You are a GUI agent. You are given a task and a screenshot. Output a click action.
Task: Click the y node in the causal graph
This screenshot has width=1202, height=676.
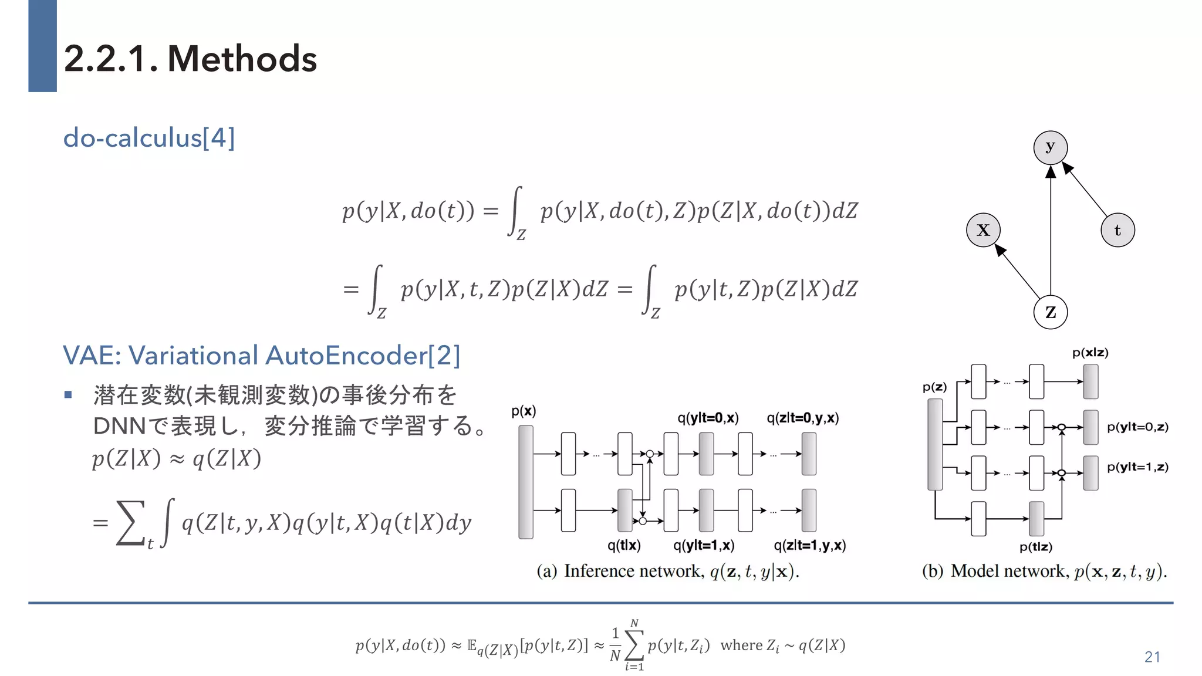pyautogui.click(x=1050, y=147)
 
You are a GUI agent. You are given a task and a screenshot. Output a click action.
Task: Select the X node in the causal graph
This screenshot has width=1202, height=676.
pyautogui.click(x=983, y=230)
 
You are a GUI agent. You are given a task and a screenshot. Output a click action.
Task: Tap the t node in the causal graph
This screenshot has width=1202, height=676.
pyautogui.click(x=1117, y=230)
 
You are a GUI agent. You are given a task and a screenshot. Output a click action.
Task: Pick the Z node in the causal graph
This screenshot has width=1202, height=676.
pyautogui.click(x=1050, y=312)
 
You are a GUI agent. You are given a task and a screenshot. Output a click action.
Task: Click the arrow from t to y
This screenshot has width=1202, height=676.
pyautogui.click(x=1086, y=191)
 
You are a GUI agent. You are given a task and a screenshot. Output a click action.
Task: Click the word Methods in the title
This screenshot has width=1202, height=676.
pyautogui.click(x=242, y=59)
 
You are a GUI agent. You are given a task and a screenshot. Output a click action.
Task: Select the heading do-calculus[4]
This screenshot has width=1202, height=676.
pyautogui.click(x=149, y=138)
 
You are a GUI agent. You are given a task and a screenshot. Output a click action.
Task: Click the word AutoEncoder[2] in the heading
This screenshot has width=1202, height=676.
pyautogui.click(x=363, y=356)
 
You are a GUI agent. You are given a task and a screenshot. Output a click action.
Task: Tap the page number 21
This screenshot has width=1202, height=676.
pyautogui.click(x=1152, y=657)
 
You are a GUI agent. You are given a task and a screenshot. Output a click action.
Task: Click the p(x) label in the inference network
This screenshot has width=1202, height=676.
pyautogui.click(x=524, y=411)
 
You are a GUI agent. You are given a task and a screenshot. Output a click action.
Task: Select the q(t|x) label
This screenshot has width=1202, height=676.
pyautogui.click(x=624, y=546)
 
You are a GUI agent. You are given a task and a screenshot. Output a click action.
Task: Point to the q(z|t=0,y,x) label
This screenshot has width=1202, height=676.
pyautogui.click(x=802, y=418)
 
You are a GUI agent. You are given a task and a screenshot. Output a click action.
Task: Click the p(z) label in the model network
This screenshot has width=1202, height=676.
pyautogui.click(x=934, y=387)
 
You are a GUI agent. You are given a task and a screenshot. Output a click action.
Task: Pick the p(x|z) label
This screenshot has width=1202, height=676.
pyautogui.click(x=1090, y=353)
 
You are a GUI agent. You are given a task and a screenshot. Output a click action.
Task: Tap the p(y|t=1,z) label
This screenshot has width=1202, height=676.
pyautogui.click(x=1137, y=467)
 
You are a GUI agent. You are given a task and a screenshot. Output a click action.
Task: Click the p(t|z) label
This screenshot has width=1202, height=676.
pyautogui.click(x=1036, y=547)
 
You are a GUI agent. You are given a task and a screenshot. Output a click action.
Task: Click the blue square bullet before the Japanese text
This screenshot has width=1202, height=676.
pyautogui.click(x=68, y=395)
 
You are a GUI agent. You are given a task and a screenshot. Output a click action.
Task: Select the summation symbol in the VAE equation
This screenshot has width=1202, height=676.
pyautogui.click(x=130, y=522)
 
